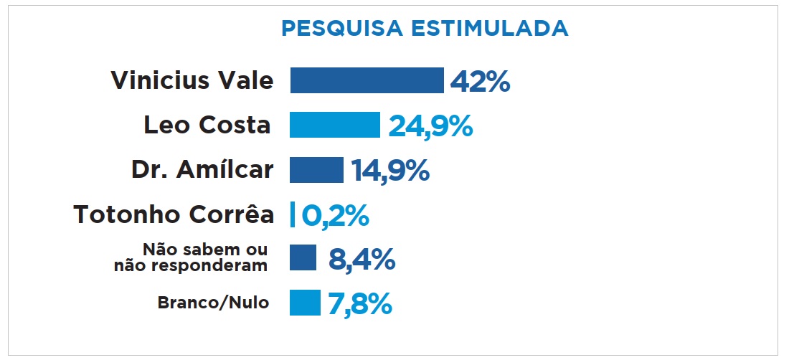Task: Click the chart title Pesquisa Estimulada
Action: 425,28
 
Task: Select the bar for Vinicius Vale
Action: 367,80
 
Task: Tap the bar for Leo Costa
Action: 334,125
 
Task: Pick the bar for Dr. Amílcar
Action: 316,170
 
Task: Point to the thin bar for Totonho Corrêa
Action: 293,214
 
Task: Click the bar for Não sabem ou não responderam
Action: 303,258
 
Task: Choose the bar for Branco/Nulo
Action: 305,303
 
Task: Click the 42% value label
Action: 480,82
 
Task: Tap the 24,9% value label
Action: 430,126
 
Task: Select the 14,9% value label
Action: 390,171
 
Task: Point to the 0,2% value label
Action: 335,215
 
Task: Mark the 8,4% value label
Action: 362,260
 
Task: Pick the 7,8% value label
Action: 360,304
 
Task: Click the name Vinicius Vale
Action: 192,80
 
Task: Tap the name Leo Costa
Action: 207,125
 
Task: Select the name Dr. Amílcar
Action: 202,169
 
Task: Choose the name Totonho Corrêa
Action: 174,214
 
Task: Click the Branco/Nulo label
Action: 213,303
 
